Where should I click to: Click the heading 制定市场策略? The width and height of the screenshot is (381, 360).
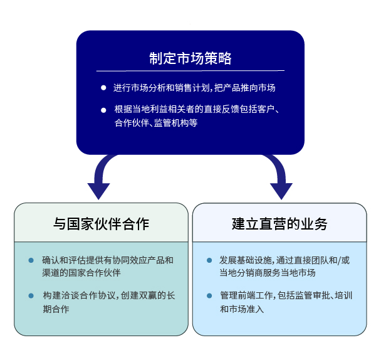[190, 58]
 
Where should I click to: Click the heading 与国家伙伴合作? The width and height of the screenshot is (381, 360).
[101, 223]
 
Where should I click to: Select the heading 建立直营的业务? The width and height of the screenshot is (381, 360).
[279, 223]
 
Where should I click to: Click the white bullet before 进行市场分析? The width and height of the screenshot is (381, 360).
[103, 88]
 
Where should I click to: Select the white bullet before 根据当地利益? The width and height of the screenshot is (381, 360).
[103, 110]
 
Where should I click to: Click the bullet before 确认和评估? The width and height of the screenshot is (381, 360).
[31, 260]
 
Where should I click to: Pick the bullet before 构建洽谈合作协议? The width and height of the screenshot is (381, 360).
[31, 295]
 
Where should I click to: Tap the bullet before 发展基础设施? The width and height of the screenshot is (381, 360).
[209, 260]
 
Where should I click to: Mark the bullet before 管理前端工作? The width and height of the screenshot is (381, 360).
[209, 295]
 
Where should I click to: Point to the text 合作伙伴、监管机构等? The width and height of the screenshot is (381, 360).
[156, 124]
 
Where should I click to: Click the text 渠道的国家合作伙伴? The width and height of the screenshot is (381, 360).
[81, 273]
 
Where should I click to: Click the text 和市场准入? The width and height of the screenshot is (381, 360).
[242, 309]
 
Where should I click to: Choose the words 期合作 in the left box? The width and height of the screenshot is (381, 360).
[56, 309]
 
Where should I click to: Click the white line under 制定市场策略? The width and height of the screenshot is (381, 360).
[190, 70]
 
